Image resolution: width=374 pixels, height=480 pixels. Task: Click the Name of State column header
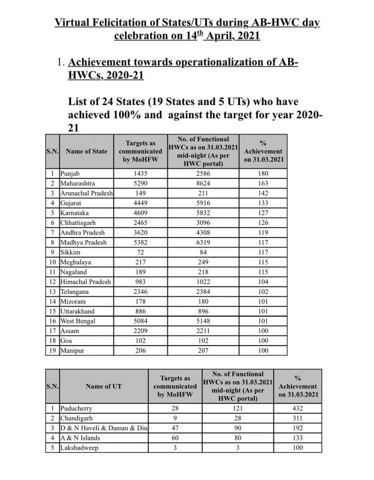click(87, 151)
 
